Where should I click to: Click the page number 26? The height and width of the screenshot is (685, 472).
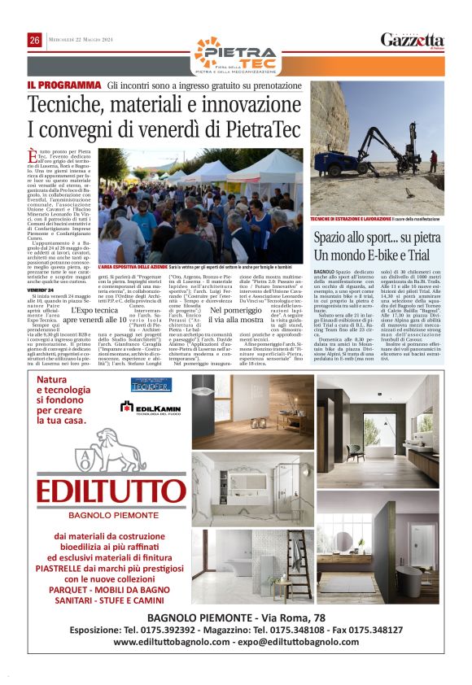click(35, 41)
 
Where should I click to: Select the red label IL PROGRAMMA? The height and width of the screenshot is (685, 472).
click(63, 84)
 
